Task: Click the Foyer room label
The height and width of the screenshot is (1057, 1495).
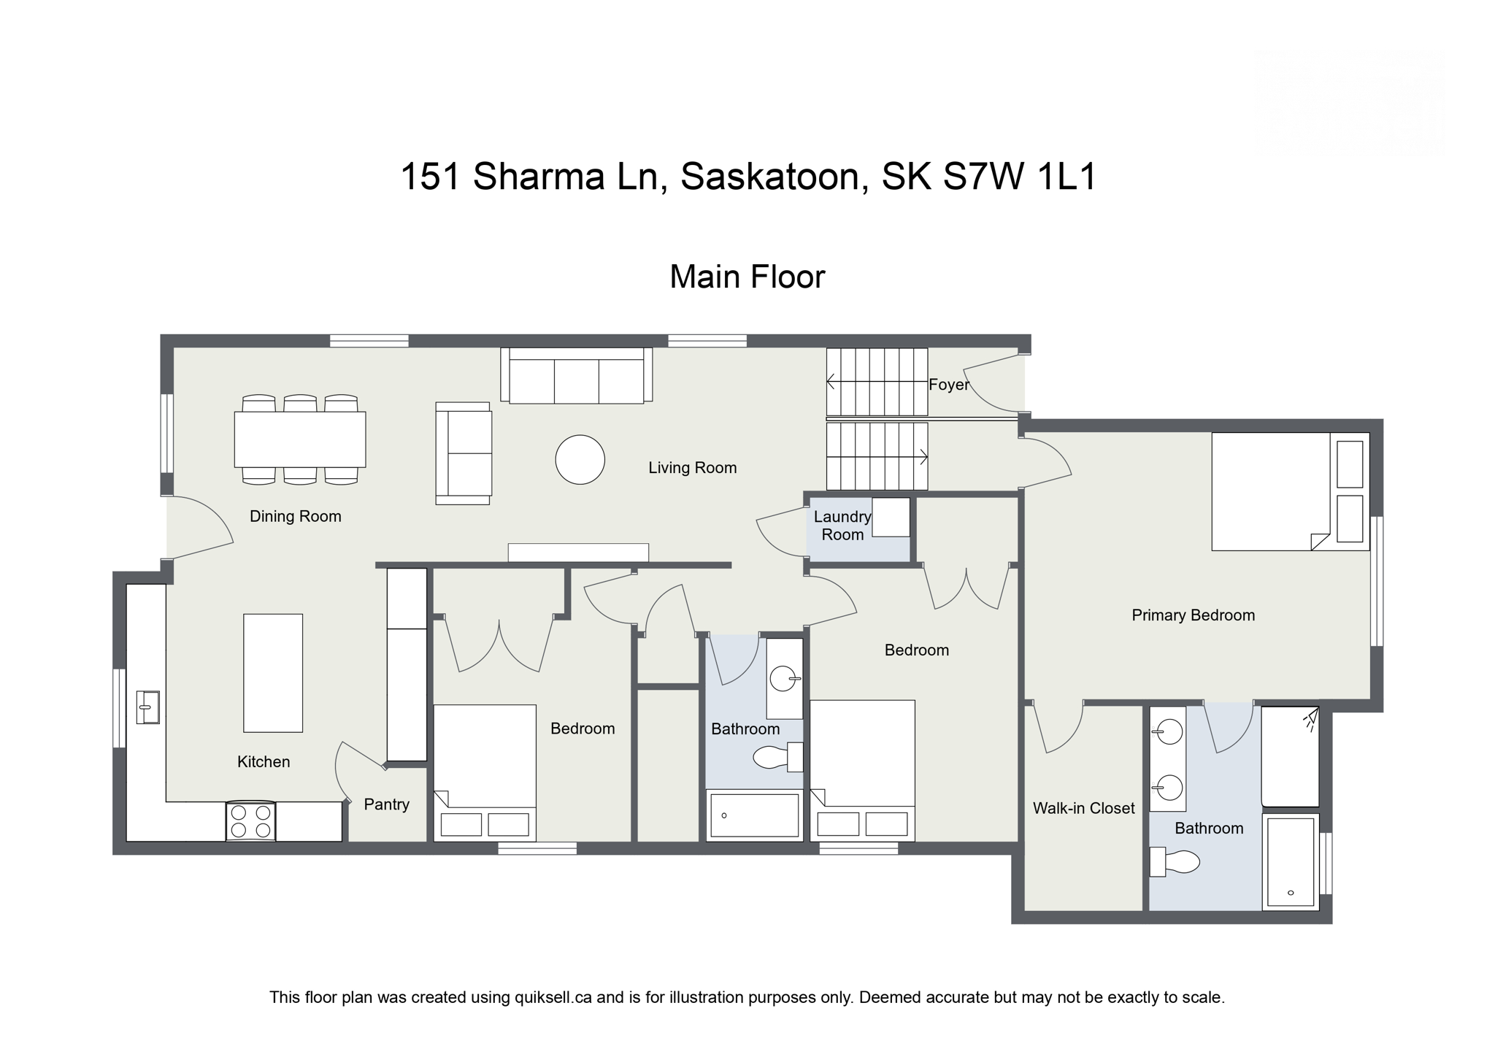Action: tap(948, 385)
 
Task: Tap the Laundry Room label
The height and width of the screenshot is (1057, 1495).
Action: tap(842, 526)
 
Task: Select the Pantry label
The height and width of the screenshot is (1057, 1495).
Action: tap(386, 804)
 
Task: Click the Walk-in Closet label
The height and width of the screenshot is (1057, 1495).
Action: tap(1083, 808)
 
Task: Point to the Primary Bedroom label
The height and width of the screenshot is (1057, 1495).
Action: tap(1193, 615)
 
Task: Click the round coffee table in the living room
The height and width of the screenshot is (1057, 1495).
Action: tap(580, 460)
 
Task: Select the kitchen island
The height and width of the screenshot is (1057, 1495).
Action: tap(272, 672)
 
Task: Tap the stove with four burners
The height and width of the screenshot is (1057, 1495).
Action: tap(250, 821)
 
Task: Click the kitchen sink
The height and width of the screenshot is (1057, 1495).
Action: tap(147, 707)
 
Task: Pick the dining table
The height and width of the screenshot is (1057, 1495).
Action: tap(299, 439)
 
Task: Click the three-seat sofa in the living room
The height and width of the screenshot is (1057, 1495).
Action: tap(576, 377)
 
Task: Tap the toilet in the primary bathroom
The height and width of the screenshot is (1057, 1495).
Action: tap(1177, 862)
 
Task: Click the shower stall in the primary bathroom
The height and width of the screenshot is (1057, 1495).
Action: tap(1290, 756)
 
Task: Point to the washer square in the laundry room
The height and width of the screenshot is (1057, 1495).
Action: tap(891, 517)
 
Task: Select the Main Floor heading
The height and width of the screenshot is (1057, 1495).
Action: tap(747, 277)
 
